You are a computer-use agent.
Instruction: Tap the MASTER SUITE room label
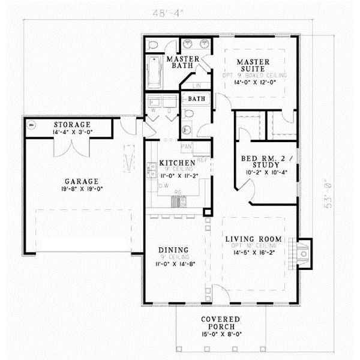pos(252,65)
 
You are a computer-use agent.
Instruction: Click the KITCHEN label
pos(176,163)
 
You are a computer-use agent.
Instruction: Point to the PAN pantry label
pos(187,146)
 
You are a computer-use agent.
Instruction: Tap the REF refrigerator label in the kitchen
pos(202,160)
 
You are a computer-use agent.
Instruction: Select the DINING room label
pos(173,250)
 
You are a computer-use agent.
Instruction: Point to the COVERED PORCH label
pos(221,323)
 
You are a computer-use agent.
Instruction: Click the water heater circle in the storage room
pos(31,125)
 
